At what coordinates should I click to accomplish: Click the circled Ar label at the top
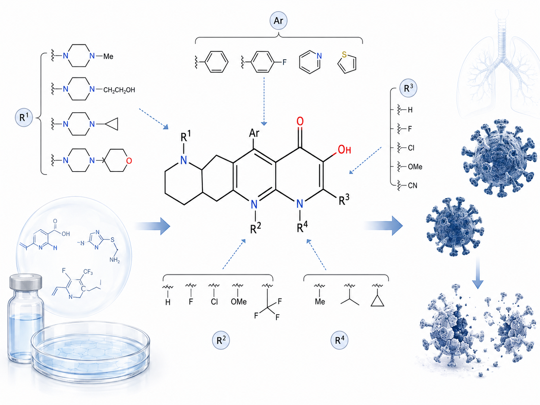pos(279,21)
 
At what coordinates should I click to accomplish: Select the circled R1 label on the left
pos(24,118)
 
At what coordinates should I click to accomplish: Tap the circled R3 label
pos(408,88)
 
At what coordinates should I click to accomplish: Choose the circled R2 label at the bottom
pos(221,340)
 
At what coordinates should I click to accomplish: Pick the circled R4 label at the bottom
pos(339,340)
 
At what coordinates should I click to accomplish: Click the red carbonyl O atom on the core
pos(300,121)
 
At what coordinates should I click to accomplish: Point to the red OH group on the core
pos(344,150)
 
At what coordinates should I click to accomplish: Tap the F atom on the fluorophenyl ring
pos(285,62)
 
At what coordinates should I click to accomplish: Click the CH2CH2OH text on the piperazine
pos(119,90)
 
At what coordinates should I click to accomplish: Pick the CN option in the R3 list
pos(412,185)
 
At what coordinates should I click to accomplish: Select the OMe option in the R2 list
pos(239,302)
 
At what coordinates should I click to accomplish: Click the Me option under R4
pos(320,302)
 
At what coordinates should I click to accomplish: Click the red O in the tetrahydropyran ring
pos(129,161)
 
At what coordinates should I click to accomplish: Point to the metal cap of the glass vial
pos(26,282)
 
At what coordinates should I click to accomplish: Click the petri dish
pos(90,352)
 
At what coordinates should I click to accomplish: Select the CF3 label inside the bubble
pos(88,272)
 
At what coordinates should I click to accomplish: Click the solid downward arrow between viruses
pos(477,273)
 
